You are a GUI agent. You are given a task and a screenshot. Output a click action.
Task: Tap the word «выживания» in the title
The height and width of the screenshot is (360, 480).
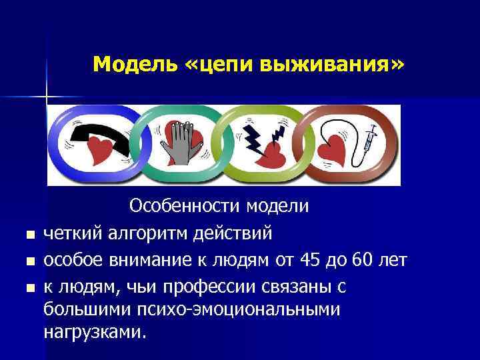[333, 64]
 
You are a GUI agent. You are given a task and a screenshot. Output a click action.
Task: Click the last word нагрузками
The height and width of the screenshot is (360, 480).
[93, 332]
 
